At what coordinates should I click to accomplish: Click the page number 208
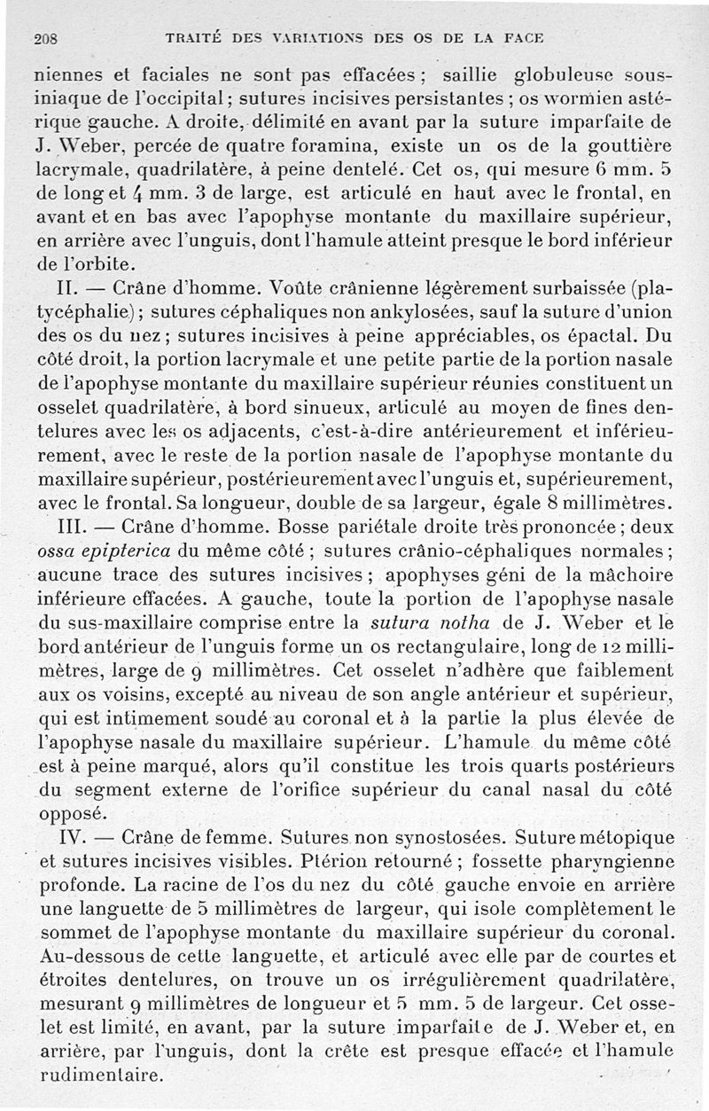point(44,40)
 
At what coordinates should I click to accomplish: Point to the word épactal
point(612,337)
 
